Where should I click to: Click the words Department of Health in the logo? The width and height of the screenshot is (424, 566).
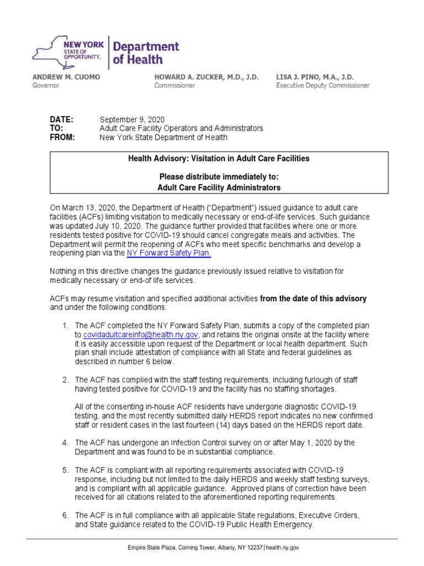tap(145, 53)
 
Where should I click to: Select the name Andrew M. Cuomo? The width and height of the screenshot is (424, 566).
tap(66, 77)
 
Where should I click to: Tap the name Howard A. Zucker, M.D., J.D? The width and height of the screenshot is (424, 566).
tap(206, 77)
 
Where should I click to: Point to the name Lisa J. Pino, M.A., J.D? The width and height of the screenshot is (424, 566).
tap(315, 77)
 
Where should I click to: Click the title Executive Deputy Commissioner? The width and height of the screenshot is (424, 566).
tap(323, 86)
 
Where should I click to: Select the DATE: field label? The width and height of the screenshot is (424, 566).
tap(61, 120)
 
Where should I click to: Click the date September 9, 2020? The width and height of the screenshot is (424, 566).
tap(131, 120)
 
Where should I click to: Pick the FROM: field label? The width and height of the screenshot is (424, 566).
tap(62, 138)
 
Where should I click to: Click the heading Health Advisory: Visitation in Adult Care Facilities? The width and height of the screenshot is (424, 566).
tap(219, 159)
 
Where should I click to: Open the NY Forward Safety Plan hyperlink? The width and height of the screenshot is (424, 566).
tap(169, 253)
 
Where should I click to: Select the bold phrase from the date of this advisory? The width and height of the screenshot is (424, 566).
tap(313, 298)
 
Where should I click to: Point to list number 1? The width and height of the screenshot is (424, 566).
tap(65, 326)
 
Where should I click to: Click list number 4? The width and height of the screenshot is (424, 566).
tap(65, 443)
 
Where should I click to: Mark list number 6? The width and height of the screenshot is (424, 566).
tap(65, 516)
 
